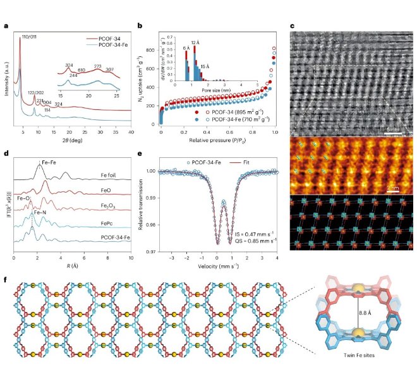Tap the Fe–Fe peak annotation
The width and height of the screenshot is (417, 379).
click(51, 162)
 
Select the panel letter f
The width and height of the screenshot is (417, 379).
click(6, 276)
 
